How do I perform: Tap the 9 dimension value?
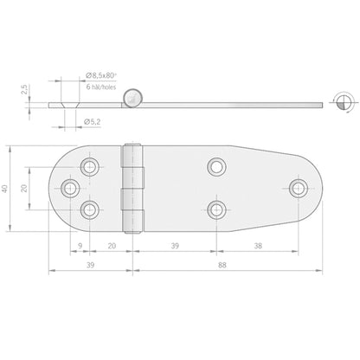(80, 246)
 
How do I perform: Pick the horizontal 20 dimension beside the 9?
(112, 246)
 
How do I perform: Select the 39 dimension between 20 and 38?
(176, 246)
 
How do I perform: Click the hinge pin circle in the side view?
(133, 98)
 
